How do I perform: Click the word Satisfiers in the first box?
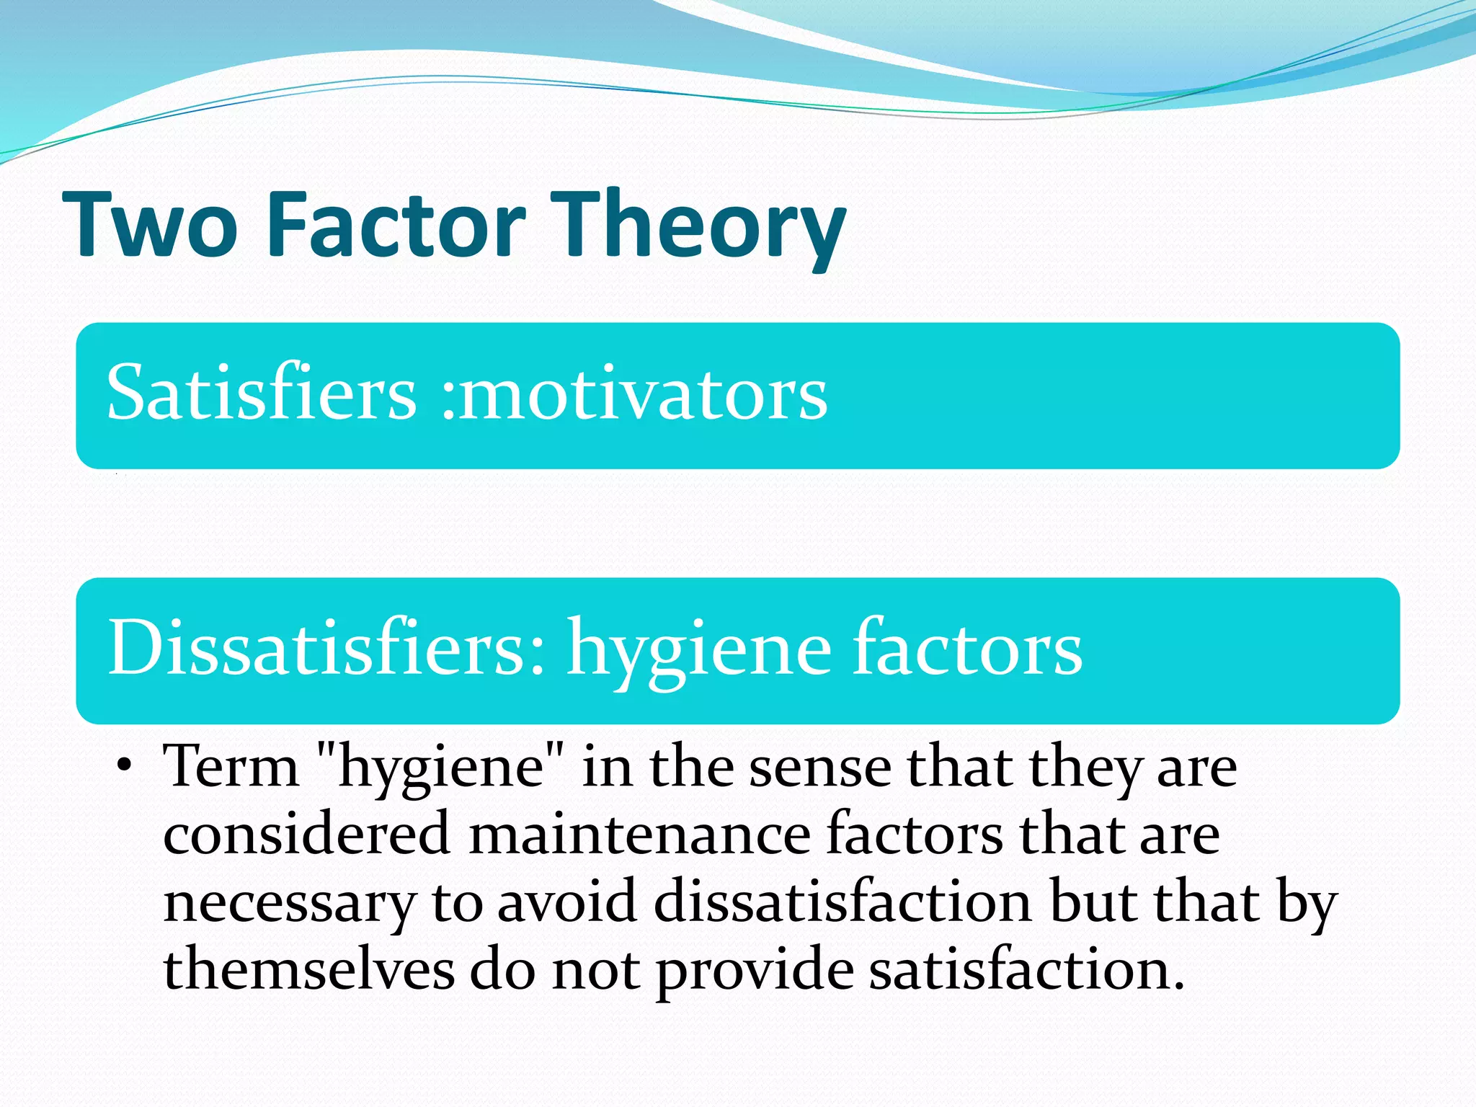[x=262, y=394]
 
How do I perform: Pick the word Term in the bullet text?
[x=231, y=767]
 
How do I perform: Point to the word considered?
[x=307, y=835]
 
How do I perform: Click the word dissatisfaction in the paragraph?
[x=843, y=902]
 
